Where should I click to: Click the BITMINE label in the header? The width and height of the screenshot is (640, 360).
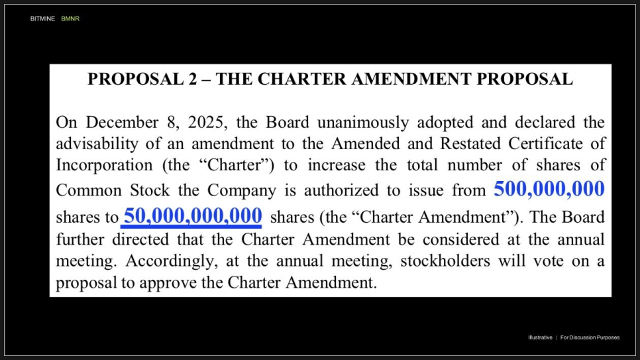click(x=42, y=19)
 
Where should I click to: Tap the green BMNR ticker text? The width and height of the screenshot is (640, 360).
click(x=70, y=19)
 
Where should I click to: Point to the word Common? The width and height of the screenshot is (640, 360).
click(x=88, y=191)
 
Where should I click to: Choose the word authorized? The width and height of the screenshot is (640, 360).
click(x=352, y=191)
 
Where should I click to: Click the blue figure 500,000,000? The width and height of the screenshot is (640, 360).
click(x=549, y=190)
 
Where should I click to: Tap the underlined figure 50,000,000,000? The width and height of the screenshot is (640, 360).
click(x=193, y=215)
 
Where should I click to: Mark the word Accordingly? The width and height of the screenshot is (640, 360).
click(x=171, y=261)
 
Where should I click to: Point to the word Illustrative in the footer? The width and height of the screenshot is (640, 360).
click(x=540, y=337)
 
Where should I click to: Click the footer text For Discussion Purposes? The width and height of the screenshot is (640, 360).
click(x=590, y=337)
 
